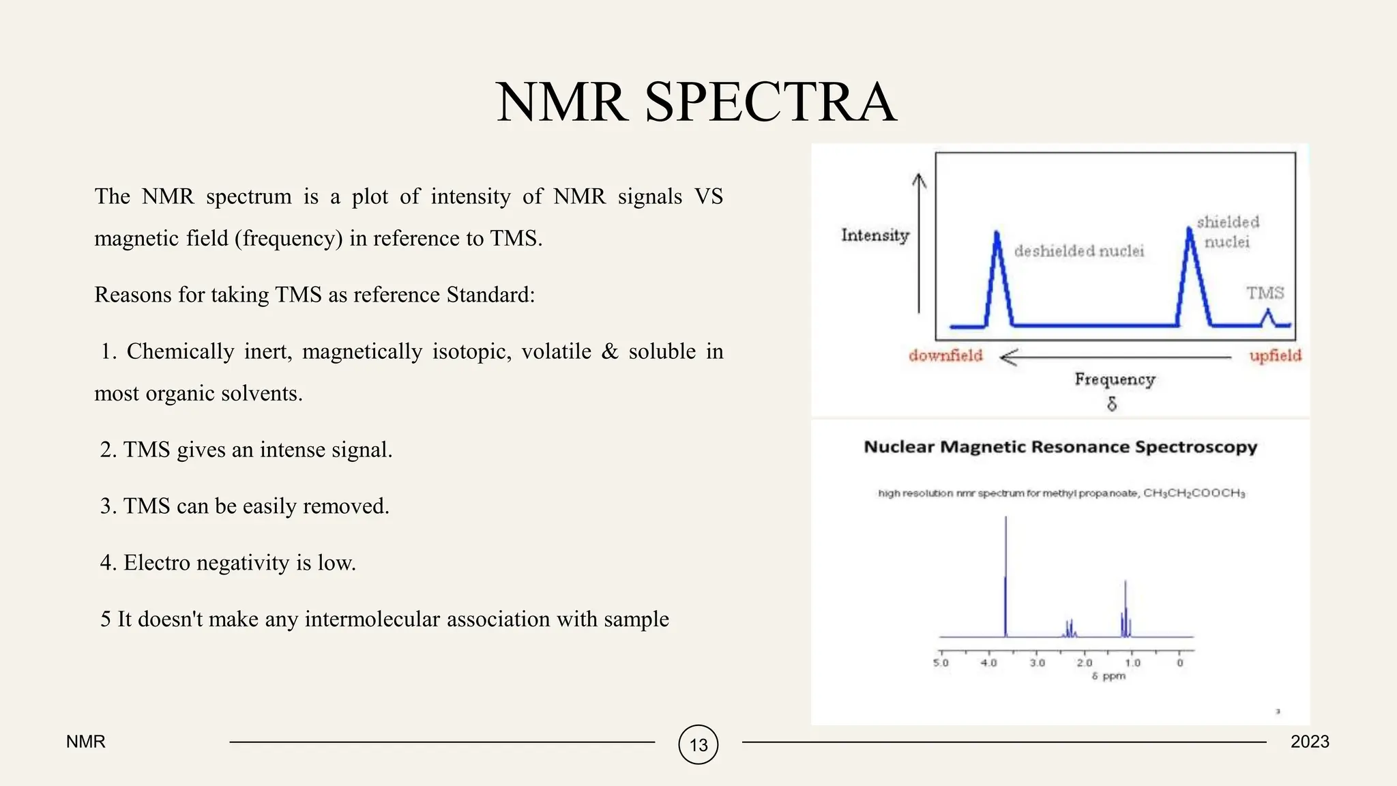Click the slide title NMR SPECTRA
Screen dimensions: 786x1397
coord(696,102)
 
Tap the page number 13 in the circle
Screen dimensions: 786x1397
coord(698,744)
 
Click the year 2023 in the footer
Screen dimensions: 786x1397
coord(1310,742)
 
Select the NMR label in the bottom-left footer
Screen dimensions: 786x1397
coord(86,742)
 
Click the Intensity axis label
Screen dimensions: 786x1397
coord(875,235)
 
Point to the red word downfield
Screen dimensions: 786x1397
coord(945,355)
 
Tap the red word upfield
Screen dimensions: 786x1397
coord(1275,355)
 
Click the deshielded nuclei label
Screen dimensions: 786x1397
coord(1078,251)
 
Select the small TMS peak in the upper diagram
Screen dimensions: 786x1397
coord(1268,317)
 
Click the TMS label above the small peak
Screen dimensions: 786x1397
coord(1265,293)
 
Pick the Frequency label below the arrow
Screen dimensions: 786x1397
coord(1115,379)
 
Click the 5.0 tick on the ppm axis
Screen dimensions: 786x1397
coord(941,663)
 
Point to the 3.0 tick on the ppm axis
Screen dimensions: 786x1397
coord(1037,663)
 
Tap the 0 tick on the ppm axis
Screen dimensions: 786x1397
coord(1180,663)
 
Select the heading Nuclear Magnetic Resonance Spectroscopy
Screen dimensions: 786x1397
coord(1060,447)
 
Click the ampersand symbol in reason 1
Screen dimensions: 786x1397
coord(609,351)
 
